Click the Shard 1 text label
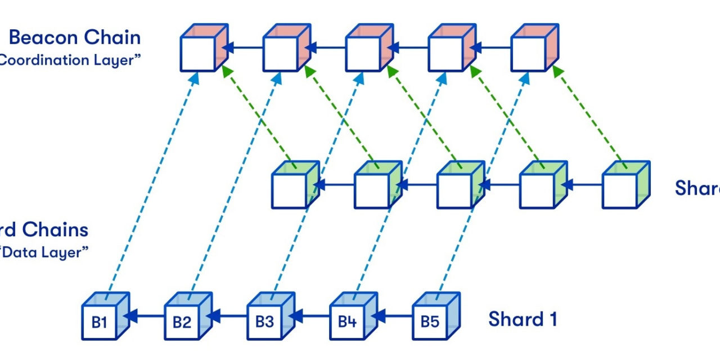pyautogui.click(x=523, y=319)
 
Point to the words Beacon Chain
pyautogui.click(x=75, y=38)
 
